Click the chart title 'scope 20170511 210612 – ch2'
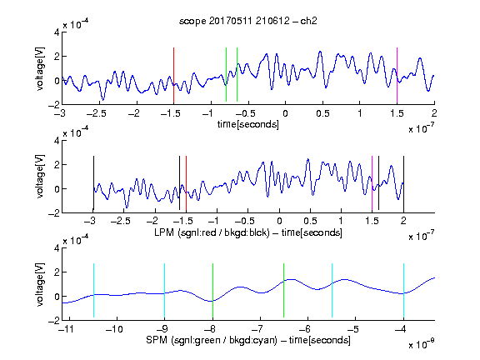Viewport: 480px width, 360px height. tap(248, 21)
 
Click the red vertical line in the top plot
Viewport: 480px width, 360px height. tap(173, 75)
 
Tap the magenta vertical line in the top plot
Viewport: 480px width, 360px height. tap(397, 75)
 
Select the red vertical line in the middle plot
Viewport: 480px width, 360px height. tap(186, 183)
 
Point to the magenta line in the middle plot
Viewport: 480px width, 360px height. tap(372, 183)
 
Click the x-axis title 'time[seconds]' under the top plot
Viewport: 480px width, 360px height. tap(248, 124)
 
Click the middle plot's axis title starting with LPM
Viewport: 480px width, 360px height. tap(248, 232)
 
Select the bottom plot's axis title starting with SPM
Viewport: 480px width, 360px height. tap(248, 340)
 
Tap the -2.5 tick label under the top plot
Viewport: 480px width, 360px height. tap(97, 113)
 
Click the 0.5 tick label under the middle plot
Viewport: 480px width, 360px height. tap(310, 221)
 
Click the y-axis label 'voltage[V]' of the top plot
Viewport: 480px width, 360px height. tap(40, 68)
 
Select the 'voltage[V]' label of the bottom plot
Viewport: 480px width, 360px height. tap(40, 284)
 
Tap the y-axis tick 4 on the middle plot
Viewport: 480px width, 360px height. tap(57, 141)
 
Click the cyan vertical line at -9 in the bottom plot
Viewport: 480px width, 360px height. tap(164, 290)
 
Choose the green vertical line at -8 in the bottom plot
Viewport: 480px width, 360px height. tap(212, 290)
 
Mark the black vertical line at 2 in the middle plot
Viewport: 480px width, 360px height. tap(403, 183)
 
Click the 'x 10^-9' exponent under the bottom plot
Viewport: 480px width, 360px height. tap(421, 343)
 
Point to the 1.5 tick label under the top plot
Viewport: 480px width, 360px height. tap(397, 113)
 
